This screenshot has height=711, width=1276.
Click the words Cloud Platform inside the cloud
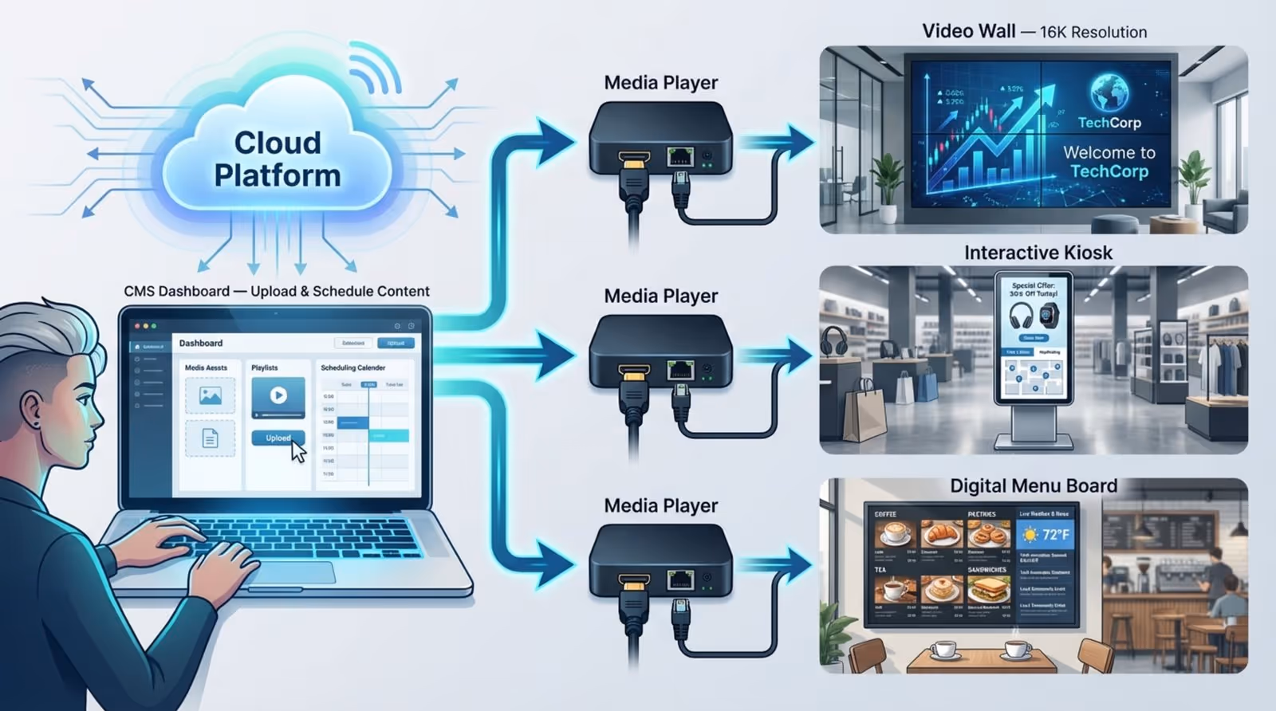[277, 159]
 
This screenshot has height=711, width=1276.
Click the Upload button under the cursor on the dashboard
[277, 438]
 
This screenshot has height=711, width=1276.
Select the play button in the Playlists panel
[278, 395]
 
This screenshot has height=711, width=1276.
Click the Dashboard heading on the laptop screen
[201, 343]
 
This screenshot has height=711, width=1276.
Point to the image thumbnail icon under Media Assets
[210, 395]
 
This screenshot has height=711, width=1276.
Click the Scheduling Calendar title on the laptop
[352, 367]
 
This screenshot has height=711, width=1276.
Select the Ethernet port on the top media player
[679, 155]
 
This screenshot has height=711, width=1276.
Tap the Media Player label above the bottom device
[660, 505]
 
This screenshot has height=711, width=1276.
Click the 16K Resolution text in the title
[1093, 32]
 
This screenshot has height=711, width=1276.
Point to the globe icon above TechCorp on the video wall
[1109, 92]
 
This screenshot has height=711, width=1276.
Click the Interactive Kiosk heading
[1038, 253]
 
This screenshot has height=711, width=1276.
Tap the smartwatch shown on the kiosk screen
[1050, 315]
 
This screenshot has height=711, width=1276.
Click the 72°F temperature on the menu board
[1055, 534]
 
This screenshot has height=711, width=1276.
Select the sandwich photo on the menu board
[988, 591]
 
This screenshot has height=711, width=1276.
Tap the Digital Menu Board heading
[1033, 485]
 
